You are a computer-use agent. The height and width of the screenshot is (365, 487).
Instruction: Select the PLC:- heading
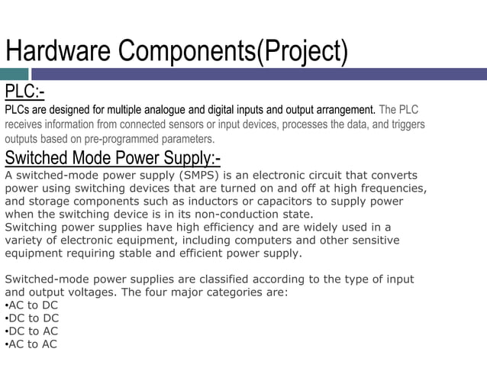coord(24,92)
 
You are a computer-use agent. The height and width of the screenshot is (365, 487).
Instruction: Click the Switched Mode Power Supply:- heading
coord(113,158)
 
